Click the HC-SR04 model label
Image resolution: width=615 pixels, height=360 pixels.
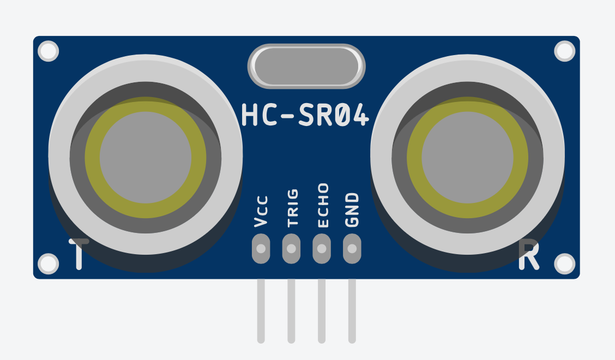(305, 116)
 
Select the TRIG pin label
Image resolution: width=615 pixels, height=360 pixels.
(292, 207)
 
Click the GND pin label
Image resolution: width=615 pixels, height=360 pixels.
(352, 209)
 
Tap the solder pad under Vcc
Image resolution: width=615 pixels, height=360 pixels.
(261, 249)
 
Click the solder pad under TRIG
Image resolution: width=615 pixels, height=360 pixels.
(292, 249)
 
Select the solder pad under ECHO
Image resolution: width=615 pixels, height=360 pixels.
(322, 249)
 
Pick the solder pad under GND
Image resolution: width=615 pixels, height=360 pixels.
(352, 249)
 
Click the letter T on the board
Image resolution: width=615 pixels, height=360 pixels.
(79, 254)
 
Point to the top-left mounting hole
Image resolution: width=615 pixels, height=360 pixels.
(49, 51)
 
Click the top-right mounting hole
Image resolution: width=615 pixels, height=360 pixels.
(565, 51)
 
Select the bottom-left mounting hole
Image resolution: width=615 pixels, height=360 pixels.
(49, 264)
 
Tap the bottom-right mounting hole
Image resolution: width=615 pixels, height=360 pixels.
(565, 264)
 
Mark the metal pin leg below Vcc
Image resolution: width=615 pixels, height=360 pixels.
(261, 311)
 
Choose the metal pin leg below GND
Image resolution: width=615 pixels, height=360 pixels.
(352, 311)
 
